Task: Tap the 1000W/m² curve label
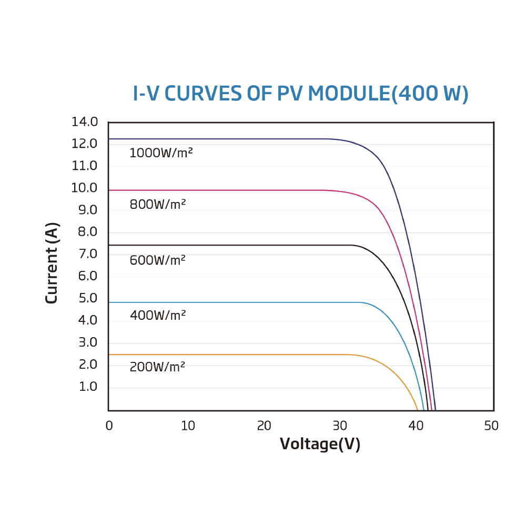pos(161,154)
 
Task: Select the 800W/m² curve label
pos(158,205)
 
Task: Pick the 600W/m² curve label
pos(158,260)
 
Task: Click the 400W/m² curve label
pos(158,316)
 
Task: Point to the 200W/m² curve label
pos(157,367)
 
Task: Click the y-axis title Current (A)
pos(52,264)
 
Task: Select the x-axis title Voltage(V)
pos(320,444)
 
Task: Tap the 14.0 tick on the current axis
pos(85,122)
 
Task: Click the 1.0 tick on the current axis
pos(88,387)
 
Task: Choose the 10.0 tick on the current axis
pos(85,188)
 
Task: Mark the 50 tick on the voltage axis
pos(491,426)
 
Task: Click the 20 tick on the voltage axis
pos(264,426)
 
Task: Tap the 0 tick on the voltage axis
pos(109,426)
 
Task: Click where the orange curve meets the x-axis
pos(418,410)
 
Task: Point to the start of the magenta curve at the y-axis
pos(109,190)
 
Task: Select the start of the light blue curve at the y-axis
pos(109,302)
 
